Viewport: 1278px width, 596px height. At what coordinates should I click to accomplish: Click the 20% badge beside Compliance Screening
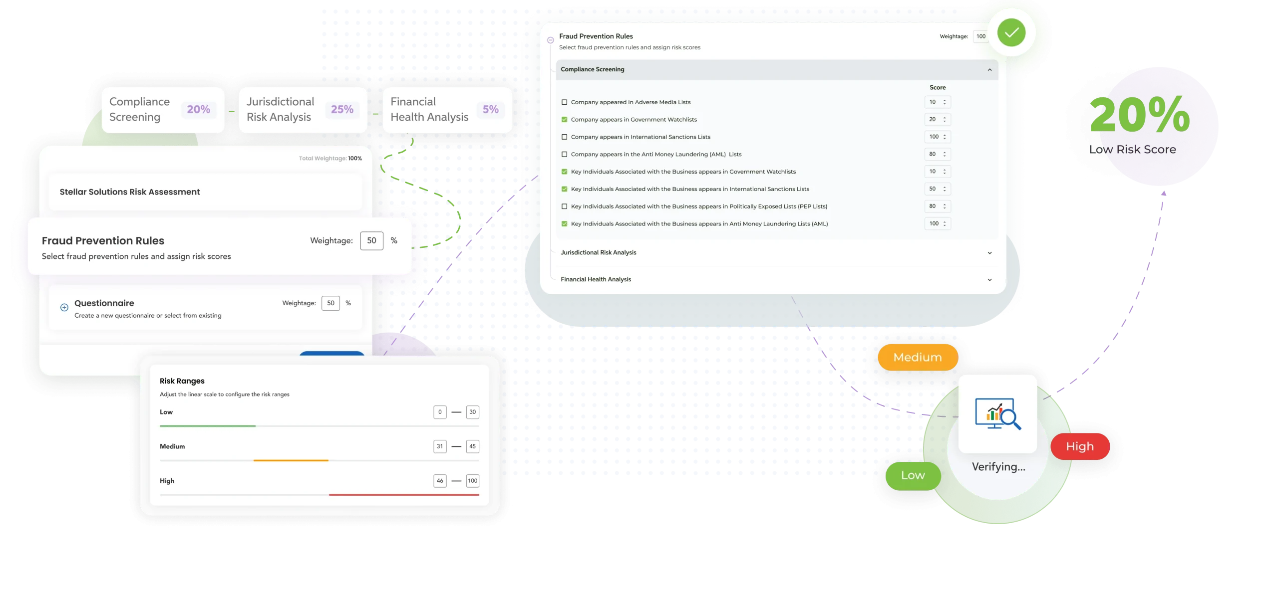point(198,109)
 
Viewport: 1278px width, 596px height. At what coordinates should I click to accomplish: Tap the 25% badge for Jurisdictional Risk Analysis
point(342,109)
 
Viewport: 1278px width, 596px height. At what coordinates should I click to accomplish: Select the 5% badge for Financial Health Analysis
point(490,109)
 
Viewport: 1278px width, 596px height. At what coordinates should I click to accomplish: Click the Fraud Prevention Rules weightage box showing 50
point(371,240)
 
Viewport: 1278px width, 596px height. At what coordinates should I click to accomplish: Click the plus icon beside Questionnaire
point(64,307)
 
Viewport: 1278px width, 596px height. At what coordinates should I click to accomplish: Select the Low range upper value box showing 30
point(472,412)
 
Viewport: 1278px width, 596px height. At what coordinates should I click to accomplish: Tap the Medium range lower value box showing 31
point(440,446)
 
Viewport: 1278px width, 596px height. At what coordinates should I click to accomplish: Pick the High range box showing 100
point(472,481)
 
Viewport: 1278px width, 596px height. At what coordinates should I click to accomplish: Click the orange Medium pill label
point(918,357)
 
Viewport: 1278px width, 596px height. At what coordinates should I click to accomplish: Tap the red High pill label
point(1080,446)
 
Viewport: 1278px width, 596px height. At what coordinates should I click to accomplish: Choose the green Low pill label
point(913,475)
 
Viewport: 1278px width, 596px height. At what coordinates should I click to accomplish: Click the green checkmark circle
point(1011,33)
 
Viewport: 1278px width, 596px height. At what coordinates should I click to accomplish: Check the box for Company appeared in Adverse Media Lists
point(565,102)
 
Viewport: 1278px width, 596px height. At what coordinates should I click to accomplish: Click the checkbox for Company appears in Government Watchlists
point(565,120)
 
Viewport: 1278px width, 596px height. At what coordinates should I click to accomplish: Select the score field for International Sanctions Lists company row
point(937,137)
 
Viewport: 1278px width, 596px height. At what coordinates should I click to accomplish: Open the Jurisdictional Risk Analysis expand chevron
point(989,253)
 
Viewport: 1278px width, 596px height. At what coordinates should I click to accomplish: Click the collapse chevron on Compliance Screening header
point(989,70)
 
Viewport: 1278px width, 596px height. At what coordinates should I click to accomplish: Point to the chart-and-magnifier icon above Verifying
point(998,413)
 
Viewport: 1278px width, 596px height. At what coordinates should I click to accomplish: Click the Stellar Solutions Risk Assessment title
point(130,192)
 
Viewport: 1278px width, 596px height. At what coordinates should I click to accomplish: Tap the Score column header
point(938,87)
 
